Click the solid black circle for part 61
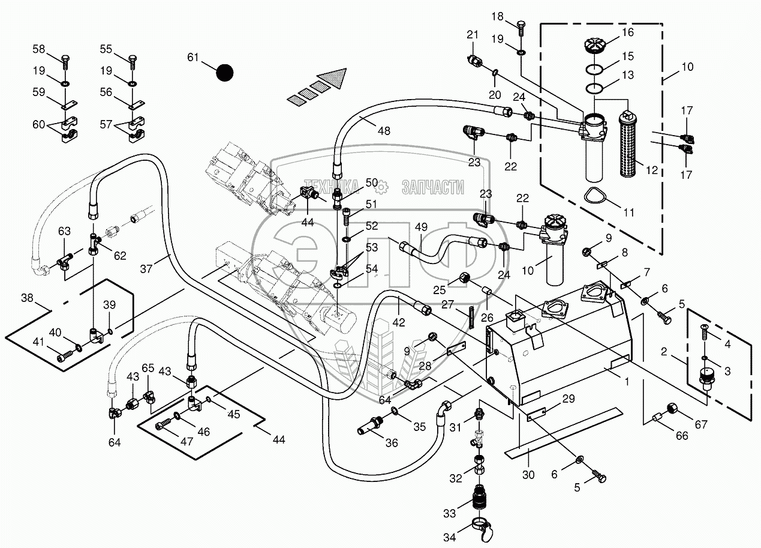pos(224,73)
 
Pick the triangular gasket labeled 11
pos(595,196)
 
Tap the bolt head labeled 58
pos(65,59)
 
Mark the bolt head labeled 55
pos(132,59)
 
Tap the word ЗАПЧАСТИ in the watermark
pos(432,187)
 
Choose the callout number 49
pos(421,227)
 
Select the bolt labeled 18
pos(521,26)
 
